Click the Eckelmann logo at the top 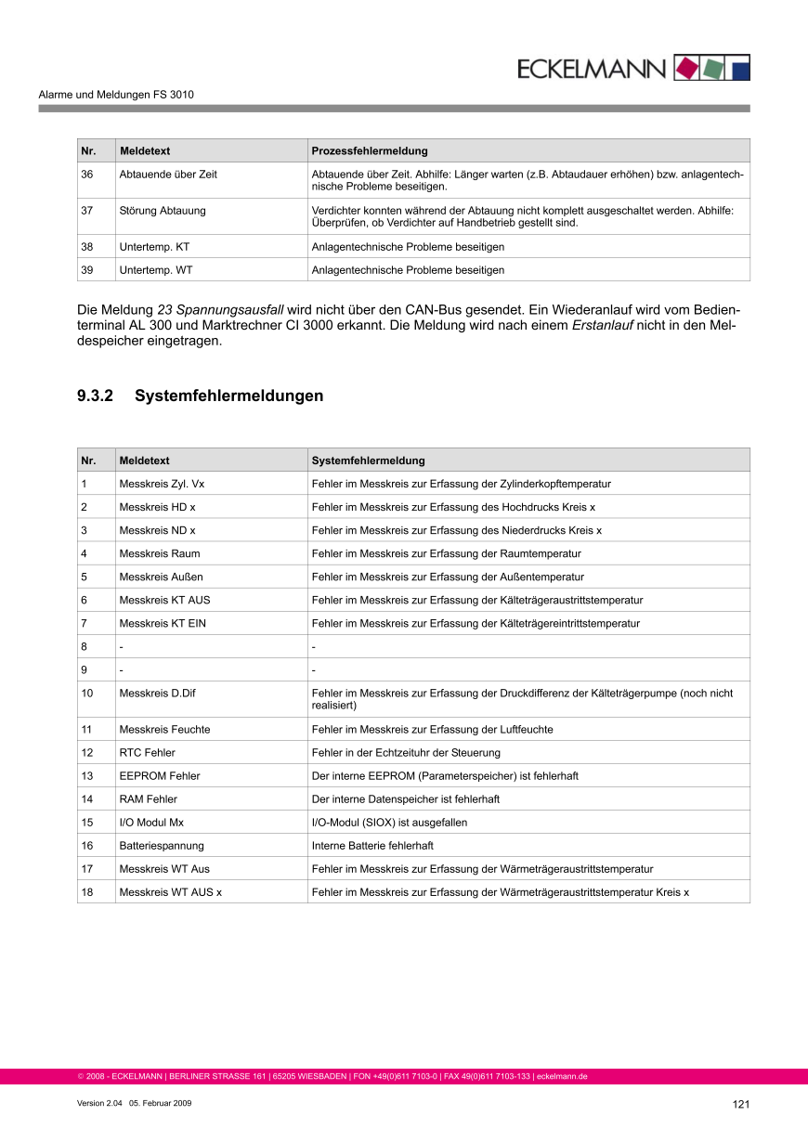click(632, 68)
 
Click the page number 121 click(740, 1104)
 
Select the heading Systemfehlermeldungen click(228, 396)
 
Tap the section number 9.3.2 click(95, 396)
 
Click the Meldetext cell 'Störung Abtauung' click(163, 211)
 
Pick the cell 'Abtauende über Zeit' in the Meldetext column click(168, 175)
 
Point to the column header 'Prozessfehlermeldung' click(370, 150)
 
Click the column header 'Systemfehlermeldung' click(368, 461)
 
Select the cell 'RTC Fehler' click(147, 753)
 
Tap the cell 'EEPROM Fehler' click(160, 776)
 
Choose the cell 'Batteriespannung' click(162, 846)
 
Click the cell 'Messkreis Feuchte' click(164, 730)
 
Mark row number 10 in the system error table click(87, 694)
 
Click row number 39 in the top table click(87, 270)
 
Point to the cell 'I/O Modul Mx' click(151, 823)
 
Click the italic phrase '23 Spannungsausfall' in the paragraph click(220, 308)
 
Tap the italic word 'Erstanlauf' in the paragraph click(602, 325)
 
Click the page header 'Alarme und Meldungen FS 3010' click(116, 95)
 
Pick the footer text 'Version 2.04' click(99, 1103)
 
